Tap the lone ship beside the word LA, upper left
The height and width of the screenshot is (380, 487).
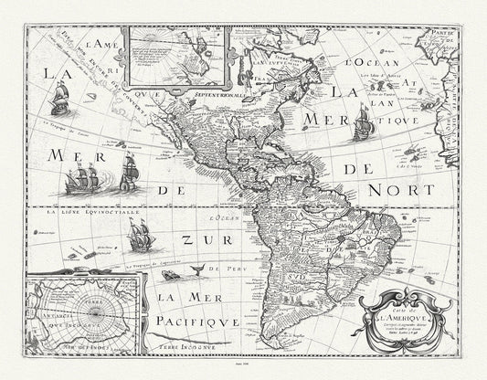[60, 97]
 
